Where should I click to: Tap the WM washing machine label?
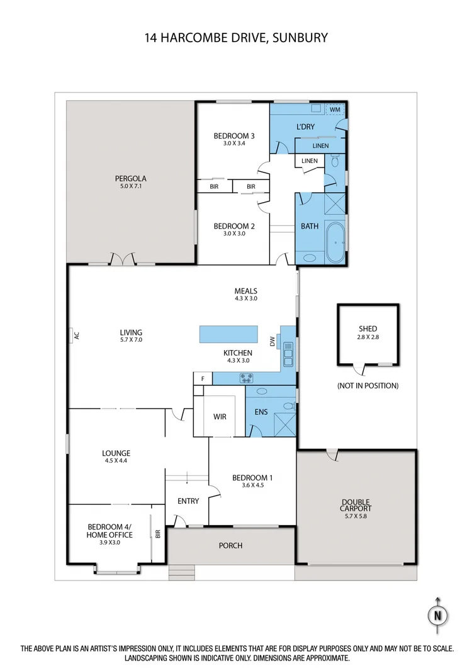coord(335,110)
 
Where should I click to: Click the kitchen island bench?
coord(228,334)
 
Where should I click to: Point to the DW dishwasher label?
coord(273,341)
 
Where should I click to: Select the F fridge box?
coord(203,378)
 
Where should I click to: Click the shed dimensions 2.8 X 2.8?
coord(368,337)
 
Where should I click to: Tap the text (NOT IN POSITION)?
coord(368,385)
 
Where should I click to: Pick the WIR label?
coord(220,417)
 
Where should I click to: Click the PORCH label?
coord(230,545)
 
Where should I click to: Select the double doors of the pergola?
coord(123,259)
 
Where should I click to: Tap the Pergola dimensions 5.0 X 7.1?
coord(130,186)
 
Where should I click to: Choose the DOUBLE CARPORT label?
coord(356,505)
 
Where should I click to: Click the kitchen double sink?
coord(288,353)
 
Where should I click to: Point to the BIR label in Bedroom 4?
coord(158,533)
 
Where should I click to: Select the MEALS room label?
coord(245,291)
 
